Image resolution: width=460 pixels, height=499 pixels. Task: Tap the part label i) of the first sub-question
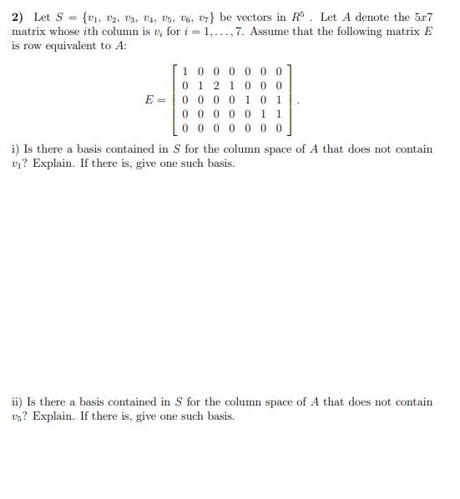pos(16,149)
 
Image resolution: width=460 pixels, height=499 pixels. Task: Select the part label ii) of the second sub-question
pos(17,402)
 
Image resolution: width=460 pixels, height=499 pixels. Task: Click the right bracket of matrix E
pos(289,100)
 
